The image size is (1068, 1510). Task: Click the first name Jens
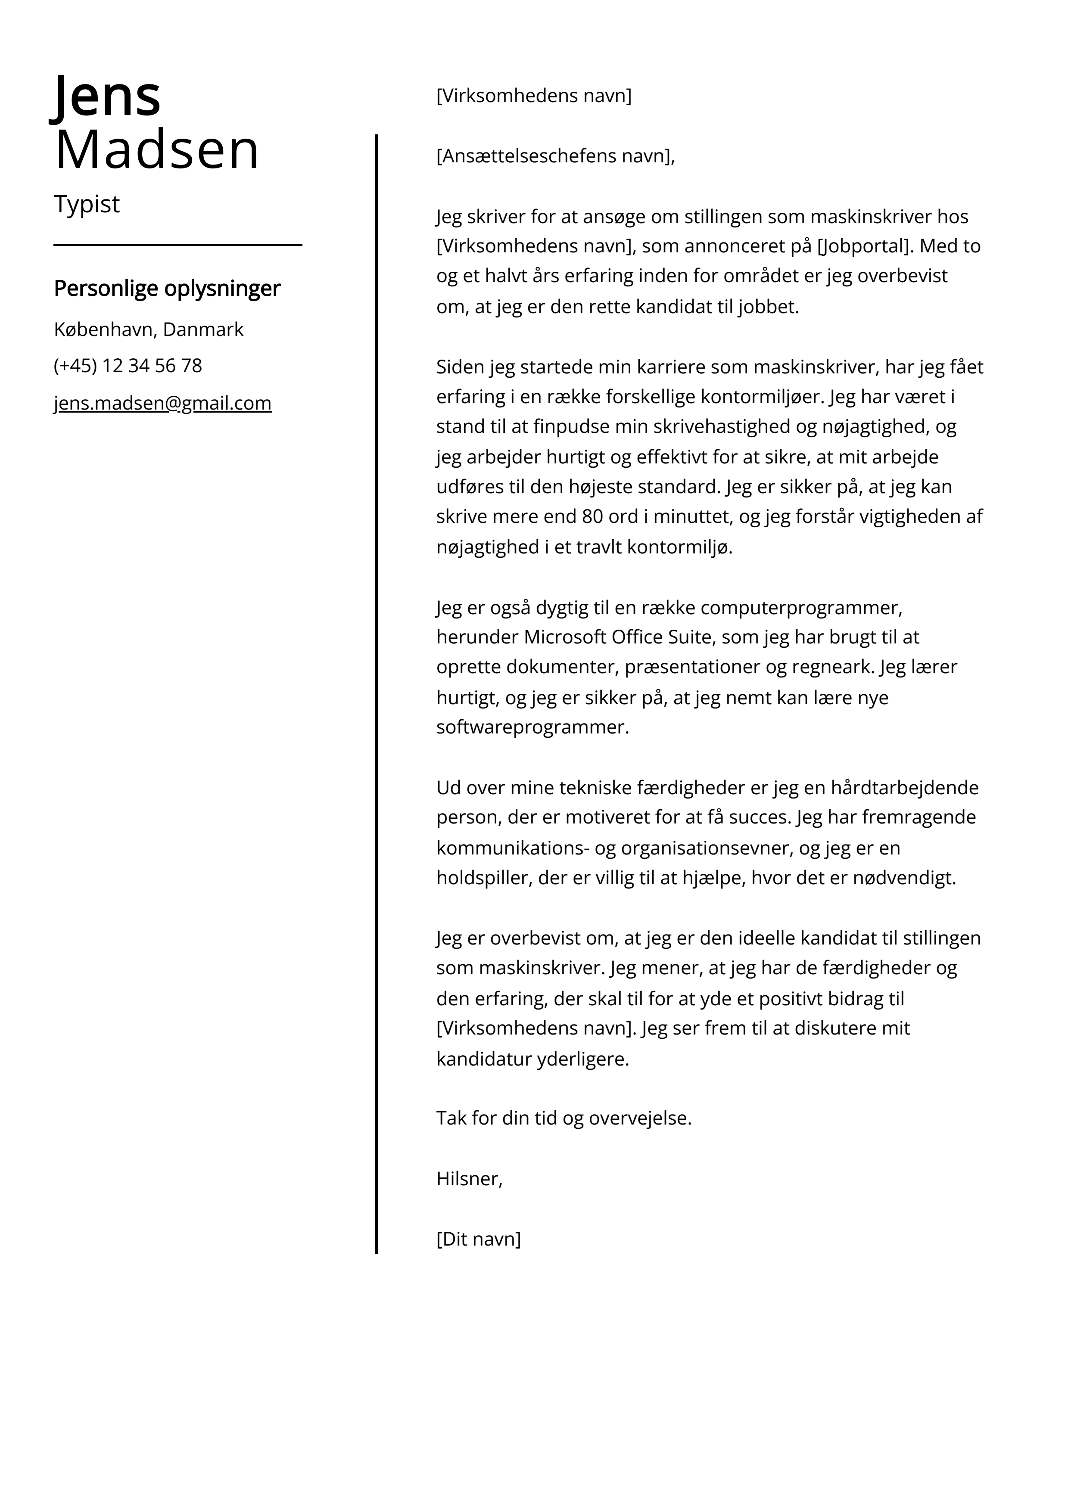tap(106, 96)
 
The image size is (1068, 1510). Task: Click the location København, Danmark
tap(148, 329)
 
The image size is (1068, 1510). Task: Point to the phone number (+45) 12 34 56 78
tap(128, 366)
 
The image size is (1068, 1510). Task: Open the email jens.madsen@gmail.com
tap(162, 403)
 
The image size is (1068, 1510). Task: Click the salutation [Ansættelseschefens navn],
tap(555, 156)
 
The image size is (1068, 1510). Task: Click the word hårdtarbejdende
tap(905, 788)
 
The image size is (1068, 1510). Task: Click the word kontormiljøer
tap(761, 397)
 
